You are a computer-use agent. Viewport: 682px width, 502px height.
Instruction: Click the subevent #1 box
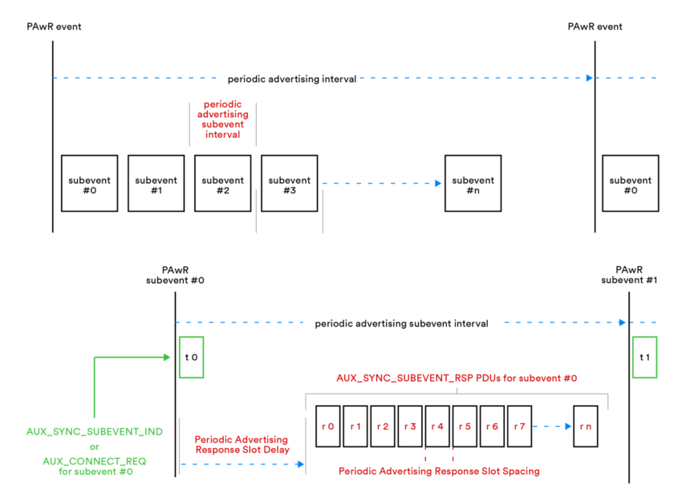(156, 184)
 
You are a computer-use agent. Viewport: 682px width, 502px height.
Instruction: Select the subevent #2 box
(222, 184)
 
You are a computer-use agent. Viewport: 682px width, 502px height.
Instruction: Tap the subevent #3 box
(289, 184)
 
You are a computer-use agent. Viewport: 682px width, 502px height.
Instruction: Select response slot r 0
(328, 426)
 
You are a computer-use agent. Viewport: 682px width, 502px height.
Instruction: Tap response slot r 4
(437, 426)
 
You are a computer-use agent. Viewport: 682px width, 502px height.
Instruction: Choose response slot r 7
(519, 426)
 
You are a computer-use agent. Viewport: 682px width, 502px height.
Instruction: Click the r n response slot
(585, 426)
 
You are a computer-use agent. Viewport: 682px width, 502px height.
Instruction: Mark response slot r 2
(383, 426)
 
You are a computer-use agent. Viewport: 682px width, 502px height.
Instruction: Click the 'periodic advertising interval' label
(292, 79)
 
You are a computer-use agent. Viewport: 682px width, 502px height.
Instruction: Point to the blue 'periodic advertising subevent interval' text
(401, 324)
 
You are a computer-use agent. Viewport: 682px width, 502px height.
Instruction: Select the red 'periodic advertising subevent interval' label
(223, 119)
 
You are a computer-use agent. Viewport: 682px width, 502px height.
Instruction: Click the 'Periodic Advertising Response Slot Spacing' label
(439, 471)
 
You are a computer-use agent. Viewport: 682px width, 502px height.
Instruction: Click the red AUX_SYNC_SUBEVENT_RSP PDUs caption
(457, 378)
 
